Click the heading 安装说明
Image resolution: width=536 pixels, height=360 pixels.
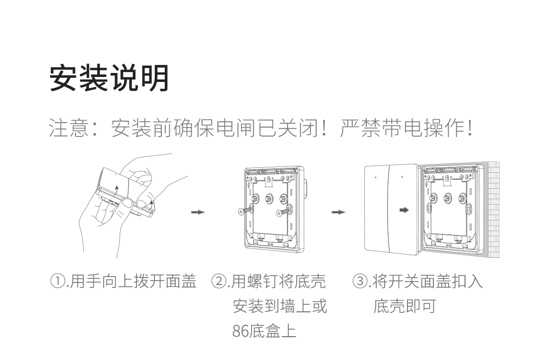[109, 78]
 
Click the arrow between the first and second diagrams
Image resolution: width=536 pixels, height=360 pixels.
[198, 212]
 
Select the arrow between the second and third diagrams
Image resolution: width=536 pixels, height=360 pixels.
[338, 212]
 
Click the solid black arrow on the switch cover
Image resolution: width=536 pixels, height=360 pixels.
[404, 210]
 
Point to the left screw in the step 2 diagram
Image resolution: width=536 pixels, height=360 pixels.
[245, 211]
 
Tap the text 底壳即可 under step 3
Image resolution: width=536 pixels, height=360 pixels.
[404, 306]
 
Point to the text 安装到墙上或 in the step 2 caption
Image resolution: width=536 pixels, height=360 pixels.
[280, 306]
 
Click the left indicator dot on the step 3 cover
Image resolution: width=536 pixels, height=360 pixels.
[376, 177]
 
